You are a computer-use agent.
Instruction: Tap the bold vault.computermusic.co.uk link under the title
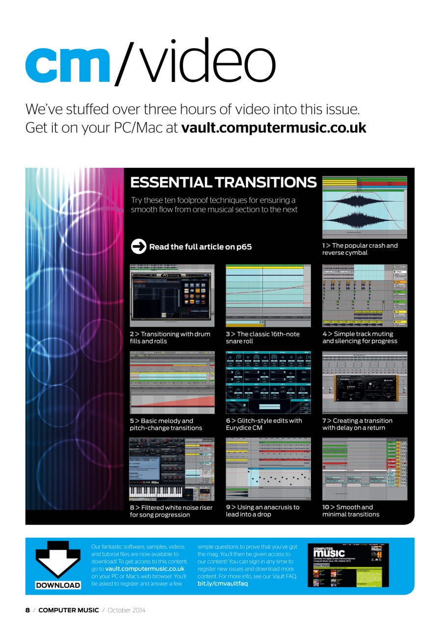click(x=274, y=128)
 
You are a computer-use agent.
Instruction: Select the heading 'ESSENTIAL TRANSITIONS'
click(x=223, y=183)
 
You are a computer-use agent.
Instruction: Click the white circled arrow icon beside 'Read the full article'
click(x=138, y=246)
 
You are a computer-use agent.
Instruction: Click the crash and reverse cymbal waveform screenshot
click(x=365, y=207)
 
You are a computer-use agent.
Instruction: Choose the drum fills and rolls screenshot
click(x=172, y=295)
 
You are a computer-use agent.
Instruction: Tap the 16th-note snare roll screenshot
click(x=268, y=295)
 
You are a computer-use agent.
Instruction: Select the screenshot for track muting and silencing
click(x=365, y=295)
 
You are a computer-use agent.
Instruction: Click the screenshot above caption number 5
click(x=172, y=382)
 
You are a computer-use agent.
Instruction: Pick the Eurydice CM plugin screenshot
click(x=268, y=382)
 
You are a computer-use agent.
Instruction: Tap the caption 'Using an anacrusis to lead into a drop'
click(x=262, y=511)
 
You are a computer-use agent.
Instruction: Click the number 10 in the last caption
click(x=326, y=507)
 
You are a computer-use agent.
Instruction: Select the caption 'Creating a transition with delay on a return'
click(x=357, y=424)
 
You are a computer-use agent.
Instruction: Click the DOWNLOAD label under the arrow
click(x=58, y=585)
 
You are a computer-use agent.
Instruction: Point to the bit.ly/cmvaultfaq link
click(x=223, y=584)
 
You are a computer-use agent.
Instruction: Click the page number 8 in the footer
click(x=27, y=610)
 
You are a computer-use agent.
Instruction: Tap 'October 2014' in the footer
click(x=127, y=610)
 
